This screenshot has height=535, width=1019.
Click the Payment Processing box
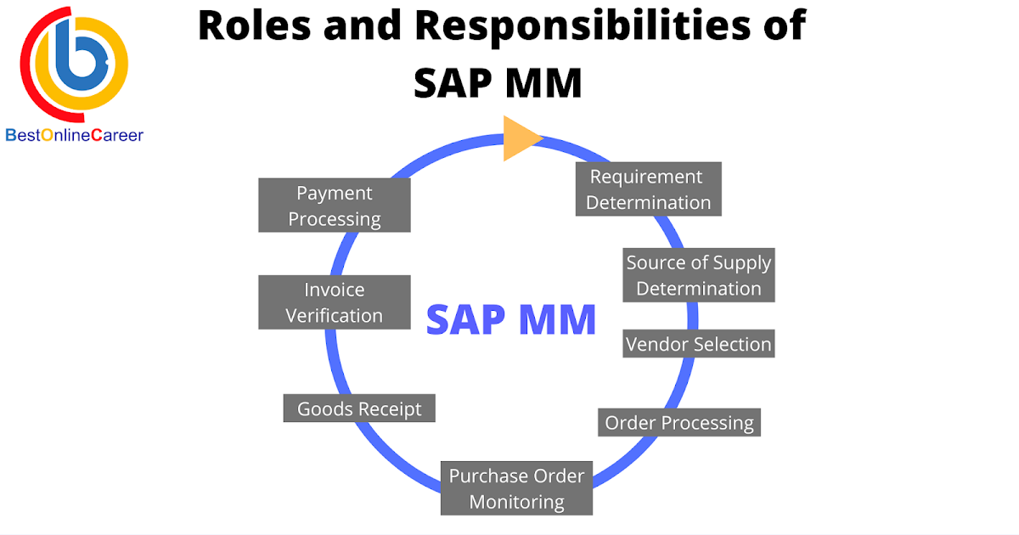(335, 206)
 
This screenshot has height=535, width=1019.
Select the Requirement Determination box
(649, 189)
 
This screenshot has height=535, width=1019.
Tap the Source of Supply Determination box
(699, 275)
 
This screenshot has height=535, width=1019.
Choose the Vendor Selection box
(698, 344)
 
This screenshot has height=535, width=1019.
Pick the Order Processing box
(679, 422)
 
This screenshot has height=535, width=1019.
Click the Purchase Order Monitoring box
(516, 488)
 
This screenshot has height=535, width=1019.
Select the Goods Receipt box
(359, 408)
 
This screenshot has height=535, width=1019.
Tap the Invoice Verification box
(335, 302)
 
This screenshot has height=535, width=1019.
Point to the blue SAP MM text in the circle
(510, 320)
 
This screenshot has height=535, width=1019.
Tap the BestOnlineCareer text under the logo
(75, 135)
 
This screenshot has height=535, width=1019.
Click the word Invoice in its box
(334, 290)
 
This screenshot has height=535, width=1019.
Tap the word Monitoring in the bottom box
(516, 502)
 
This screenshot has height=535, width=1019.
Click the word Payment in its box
(335, 193)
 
